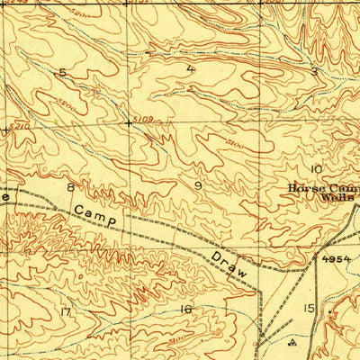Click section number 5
pyautogui.click(x=62, y=71)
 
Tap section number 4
pyautogui.click(x=190, y=68)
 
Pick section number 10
pyautogui.click(x=315, y=169)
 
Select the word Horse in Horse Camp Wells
pyautogui.click(x=305, y=188)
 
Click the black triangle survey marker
pyautogui.click(x=291, y=343)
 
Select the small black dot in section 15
pyautogui.click(x=331, y=316)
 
